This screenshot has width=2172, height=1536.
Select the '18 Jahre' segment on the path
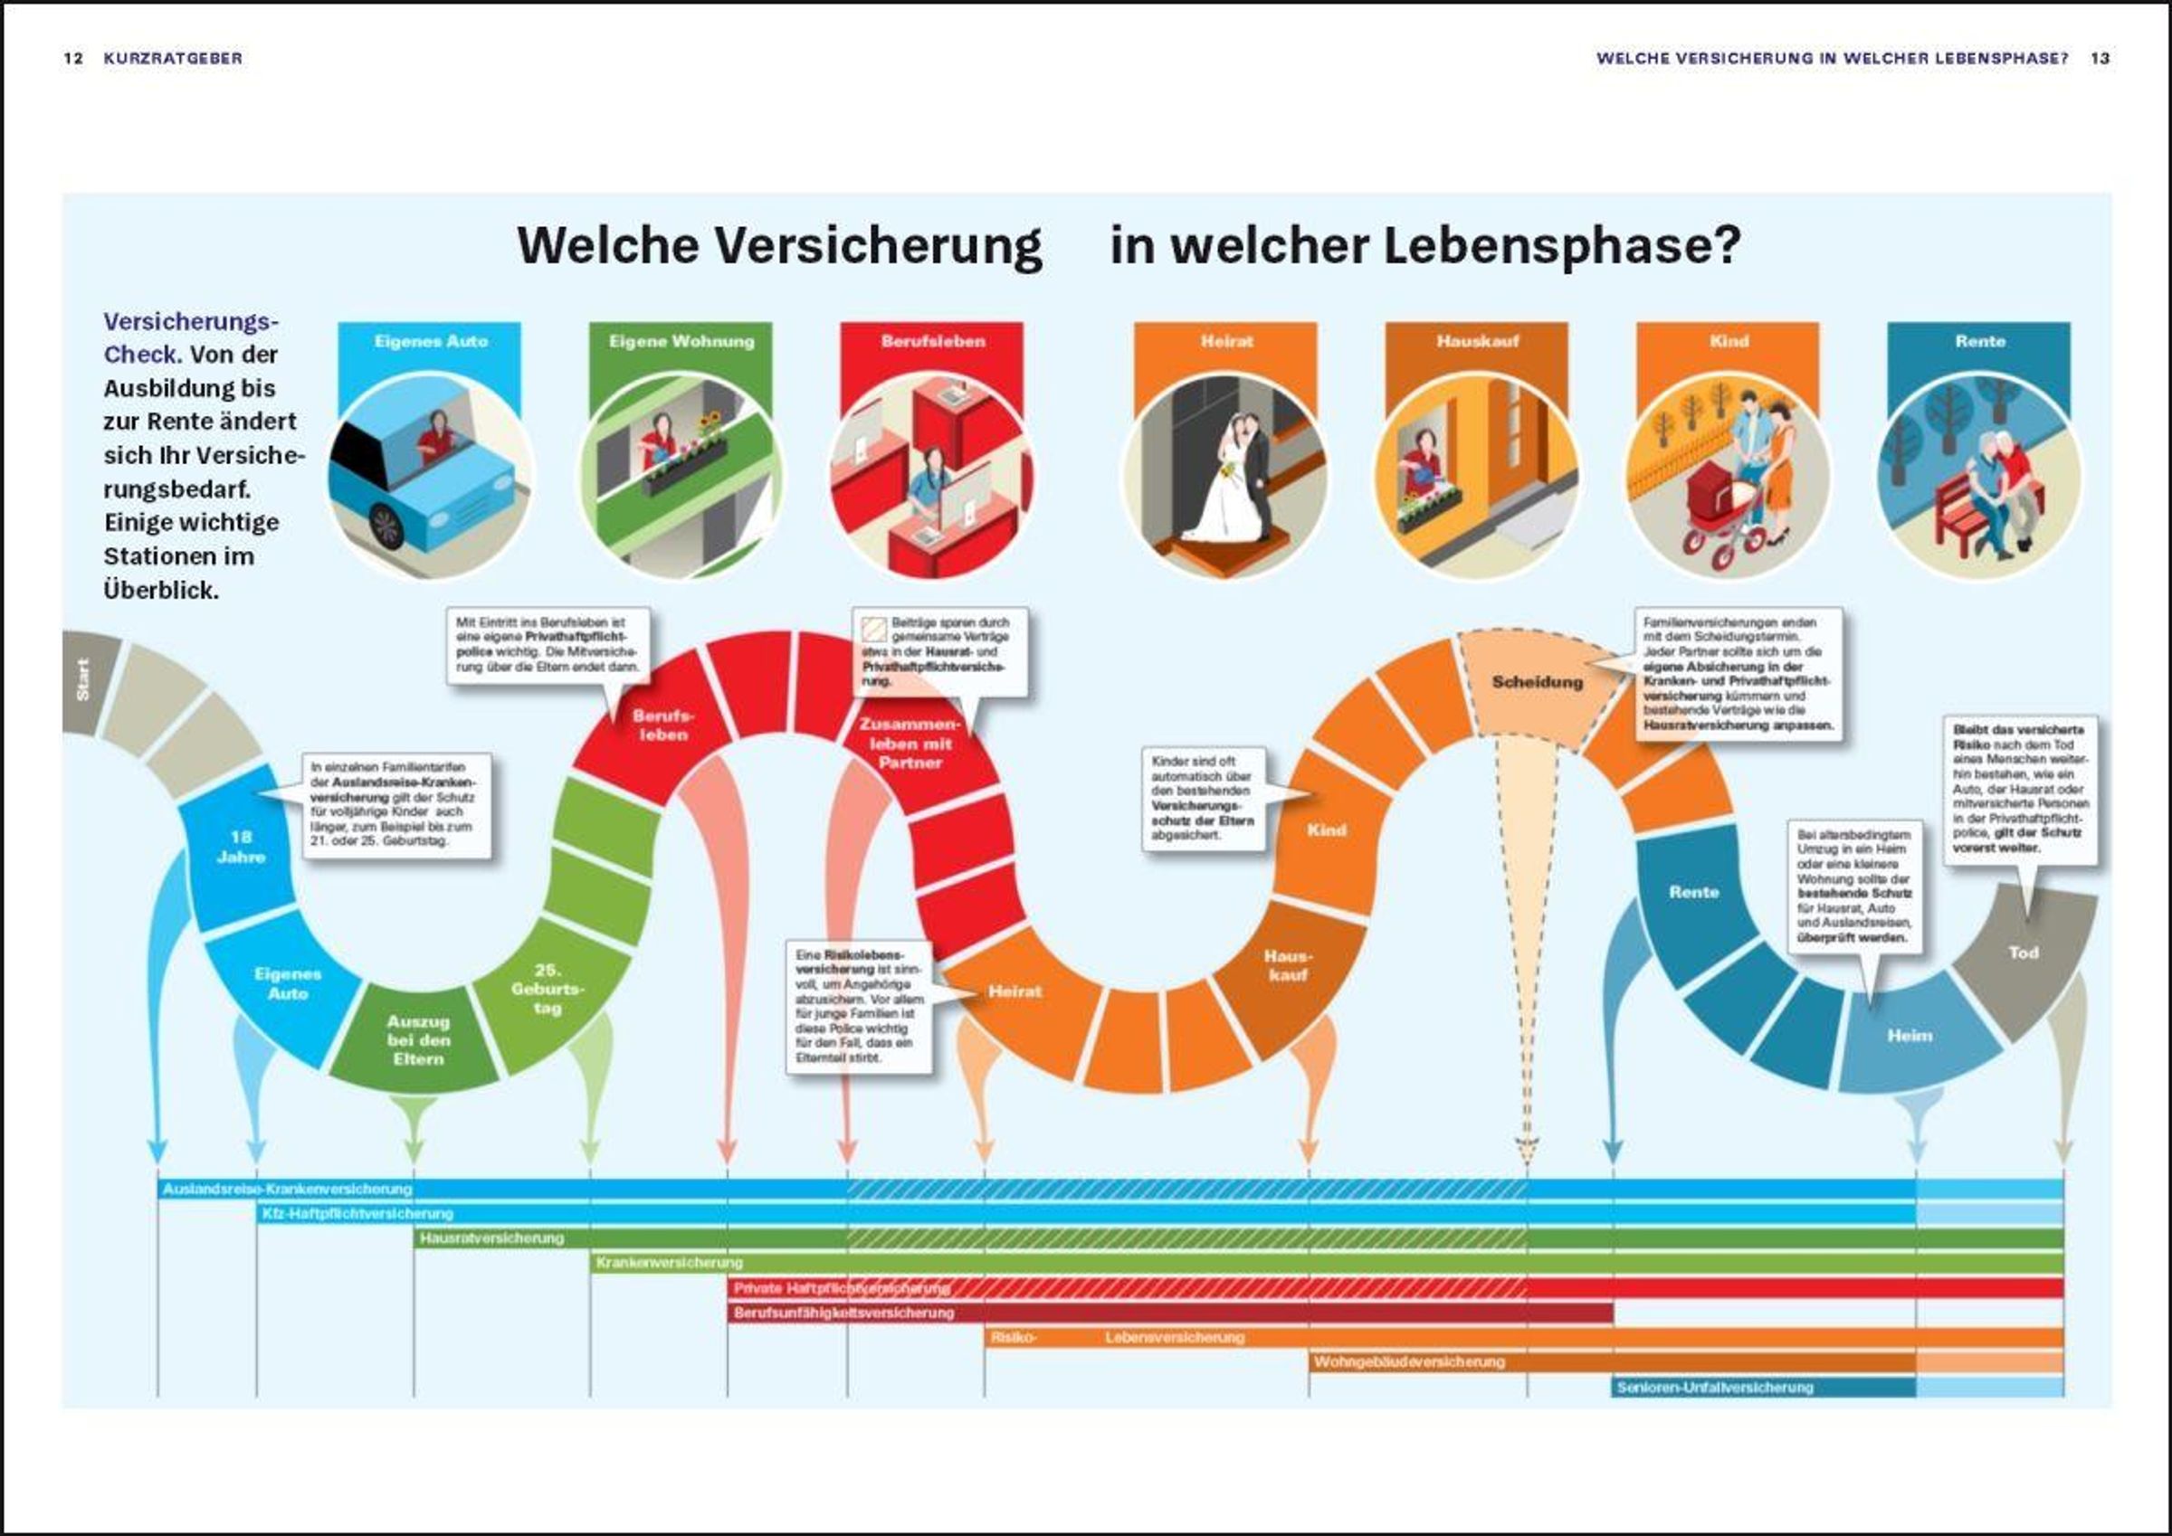(x=242, y=847)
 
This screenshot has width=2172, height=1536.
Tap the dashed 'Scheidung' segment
(x=1538, y=682)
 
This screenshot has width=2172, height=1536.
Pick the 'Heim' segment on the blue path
(x=1910, y=1036)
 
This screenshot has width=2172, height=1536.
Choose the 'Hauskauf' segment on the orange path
(x=1288, y=964)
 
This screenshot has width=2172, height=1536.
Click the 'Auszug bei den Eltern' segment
(x=418, y=1039)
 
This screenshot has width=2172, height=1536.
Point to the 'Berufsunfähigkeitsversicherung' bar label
(x=843, y=1313)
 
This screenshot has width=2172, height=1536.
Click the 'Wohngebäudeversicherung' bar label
(x=1408, y=1362)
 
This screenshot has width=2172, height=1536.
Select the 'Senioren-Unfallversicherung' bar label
(x=1714, y=1388)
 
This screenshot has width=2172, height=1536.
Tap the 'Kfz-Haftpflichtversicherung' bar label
(x=357, y=1213)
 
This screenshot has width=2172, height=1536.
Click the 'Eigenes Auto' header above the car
(x=431, y=341)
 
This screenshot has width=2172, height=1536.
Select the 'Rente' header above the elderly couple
(x=1980, y=341)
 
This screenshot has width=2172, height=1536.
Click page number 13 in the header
(x=2101, y=59)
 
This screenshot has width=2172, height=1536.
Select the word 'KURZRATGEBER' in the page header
(x=173, y=59)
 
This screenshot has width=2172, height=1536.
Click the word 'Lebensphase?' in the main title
(x=1562, y=246)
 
